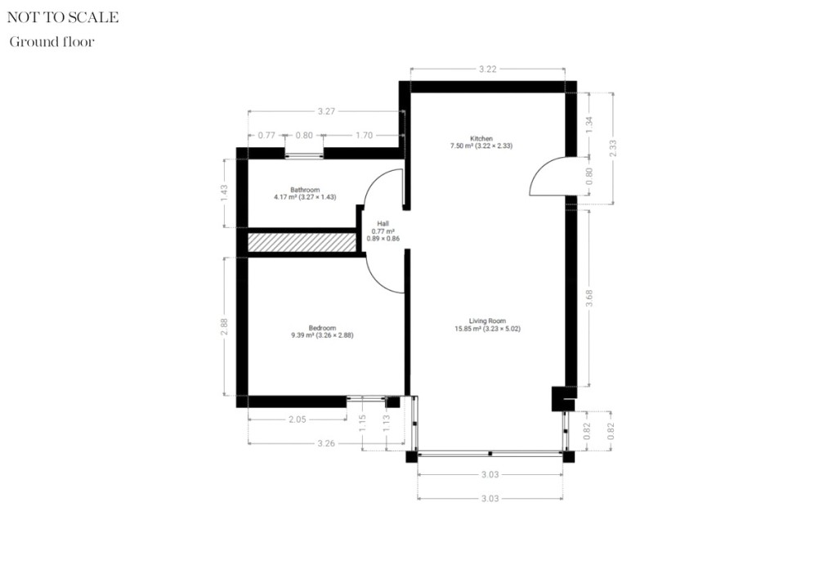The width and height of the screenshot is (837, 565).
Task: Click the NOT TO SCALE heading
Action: tap(63, 17)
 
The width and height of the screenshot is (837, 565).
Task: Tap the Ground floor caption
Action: tap(51, 42)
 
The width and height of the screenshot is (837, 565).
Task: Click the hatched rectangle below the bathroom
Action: tap(302, 243)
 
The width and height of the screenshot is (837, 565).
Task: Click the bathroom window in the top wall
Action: tap(304, 154)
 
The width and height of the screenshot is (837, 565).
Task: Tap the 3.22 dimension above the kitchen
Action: tap(487, 70)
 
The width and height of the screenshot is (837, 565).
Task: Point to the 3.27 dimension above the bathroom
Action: tap(326, 111)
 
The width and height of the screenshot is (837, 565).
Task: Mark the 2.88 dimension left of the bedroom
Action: tap(224, 326)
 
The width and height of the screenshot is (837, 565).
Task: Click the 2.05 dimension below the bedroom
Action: tap(297, 419)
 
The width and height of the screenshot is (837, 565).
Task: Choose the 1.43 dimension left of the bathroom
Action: tap(224, 194)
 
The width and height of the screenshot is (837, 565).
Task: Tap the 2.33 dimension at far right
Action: tap(613, 148)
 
